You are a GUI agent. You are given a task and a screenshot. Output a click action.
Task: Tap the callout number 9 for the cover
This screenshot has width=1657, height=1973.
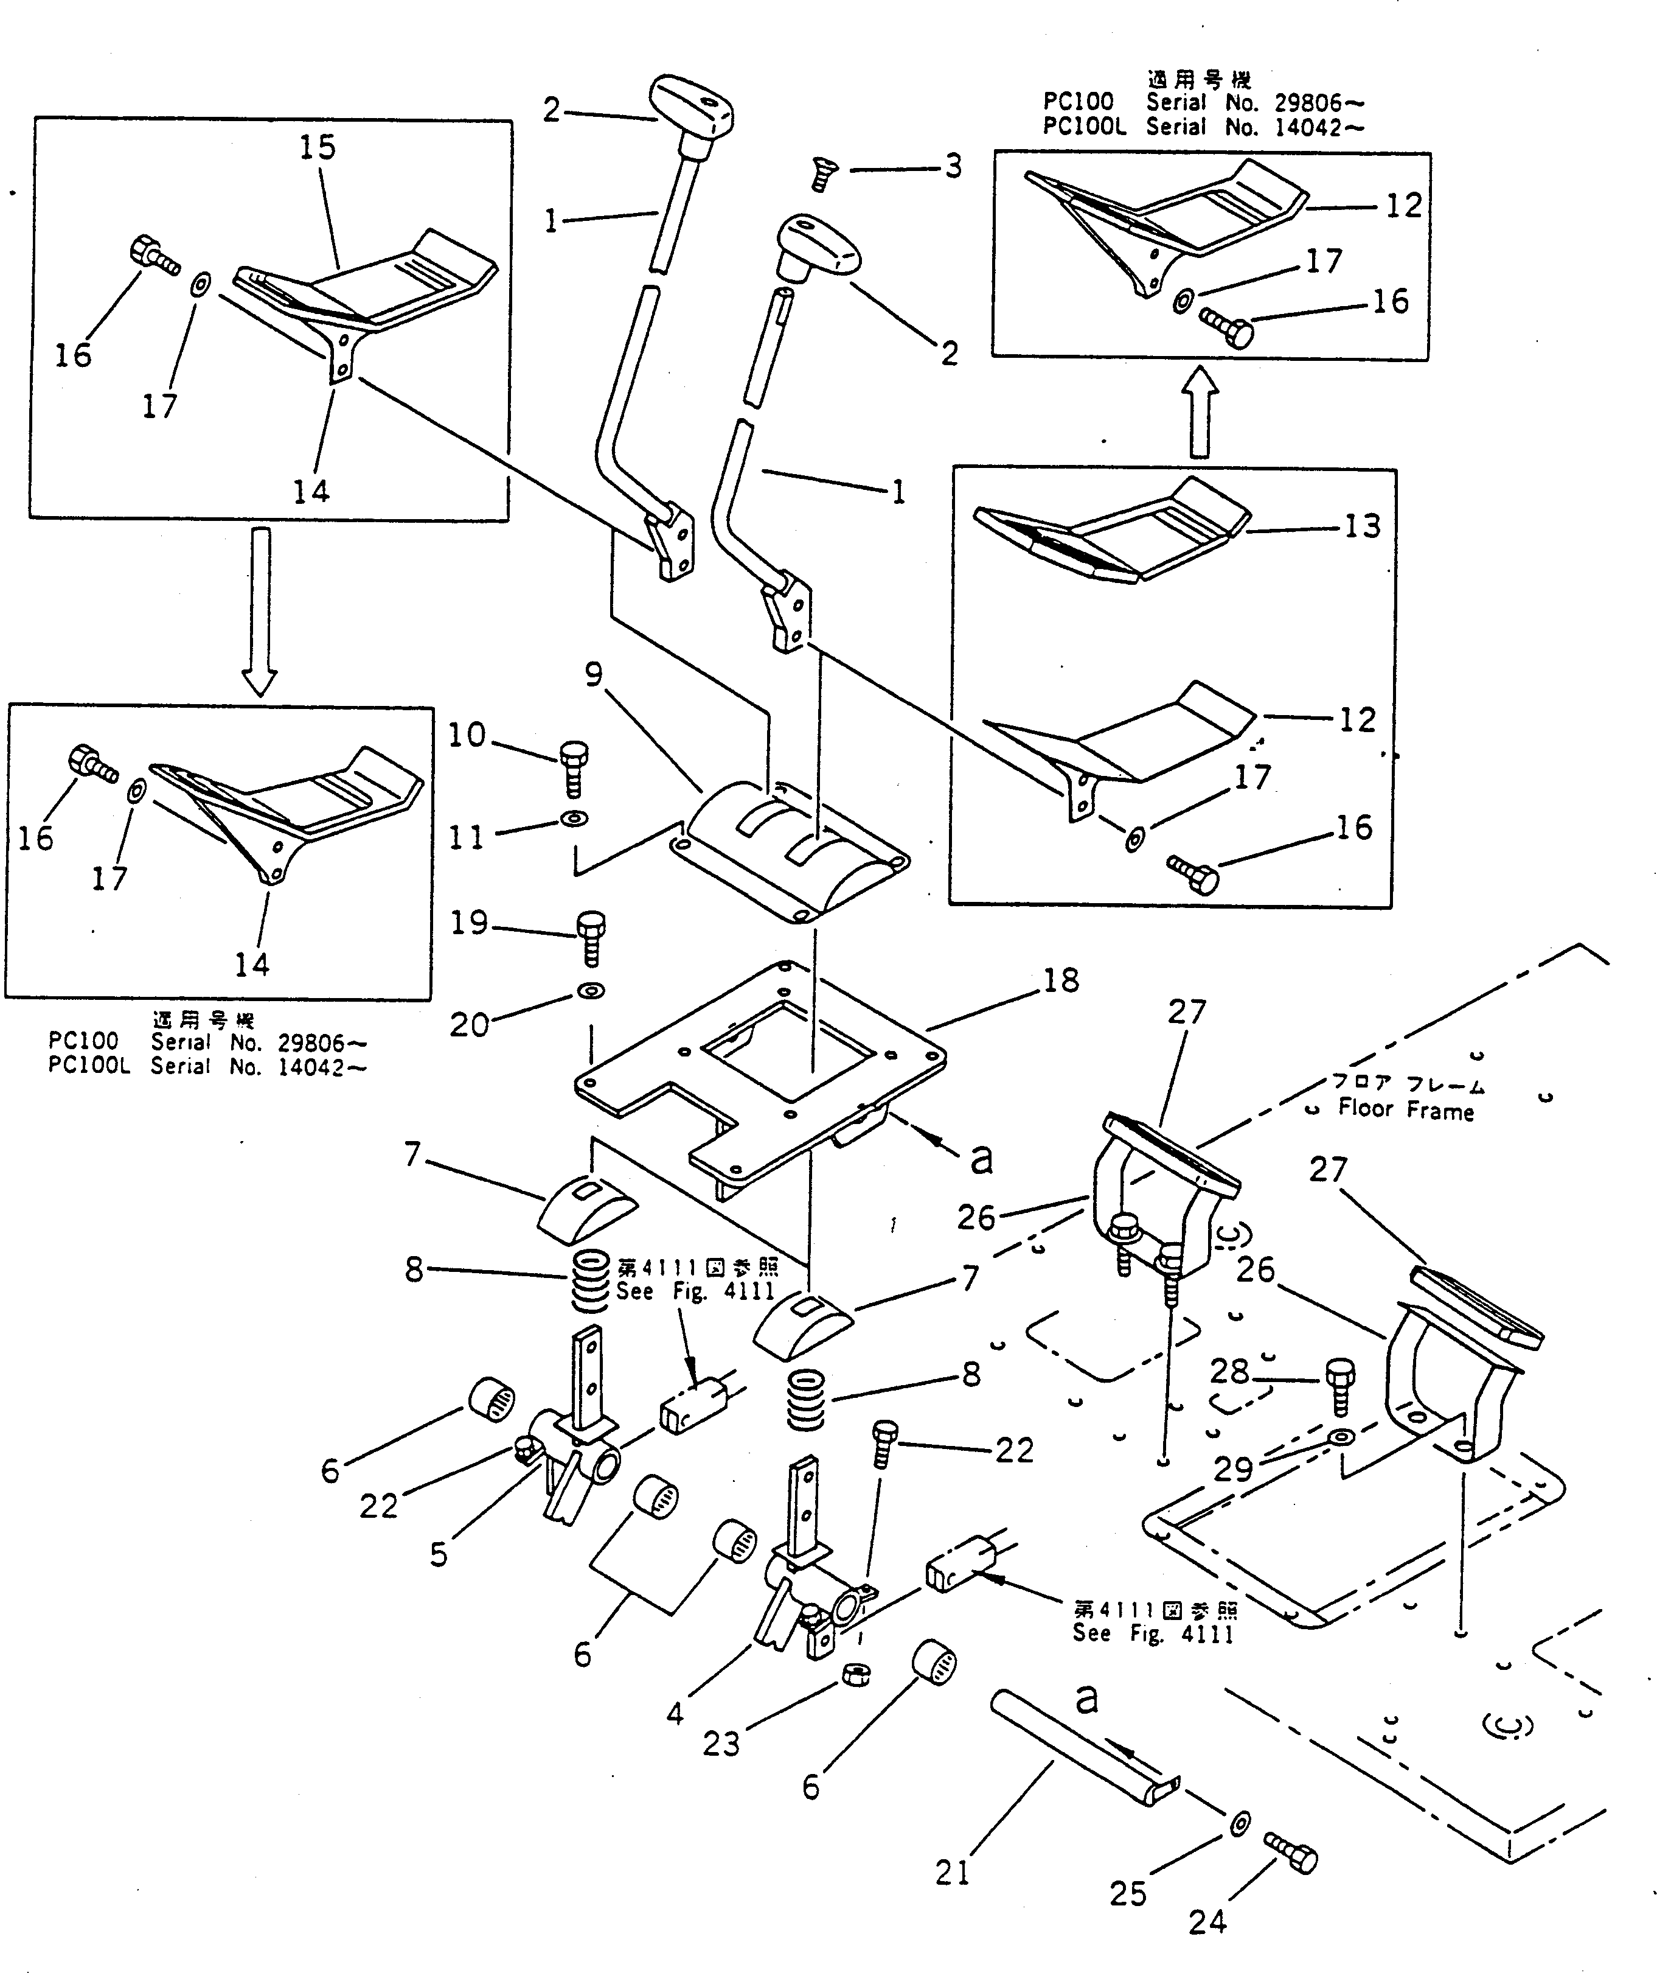coord(594,674)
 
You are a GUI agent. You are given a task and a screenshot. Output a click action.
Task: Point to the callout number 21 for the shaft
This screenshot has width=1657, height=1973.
coord(951,1873)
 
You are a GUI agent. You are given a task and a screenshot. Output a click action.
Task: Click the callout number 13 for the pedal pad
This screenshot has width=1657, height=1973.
coord(1362,526)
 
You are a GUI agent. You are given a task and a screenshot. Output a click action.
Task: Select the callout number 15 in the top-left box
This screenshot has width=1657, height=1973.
coord(318,147)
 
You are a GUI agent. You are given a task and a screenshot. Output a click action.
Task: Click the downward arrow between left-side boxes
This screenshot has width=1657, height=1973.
coord(260,610)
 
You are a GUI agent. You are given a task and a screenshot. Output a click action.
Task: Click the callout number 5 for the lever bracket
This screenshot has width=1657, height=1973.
coord(439,1555)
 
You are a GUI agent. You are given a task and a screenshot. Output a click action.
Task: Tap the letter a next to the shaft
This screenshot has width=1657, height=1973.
coord(1086,1697)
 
